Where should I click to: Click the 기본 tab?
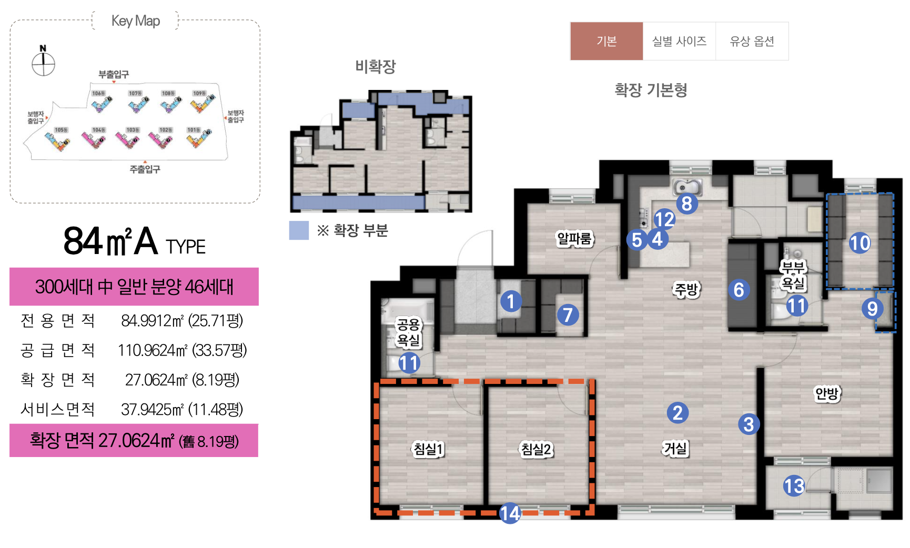606,41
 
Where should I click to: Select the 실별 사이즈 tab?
679,41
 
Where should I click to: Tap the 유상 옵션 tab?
752,41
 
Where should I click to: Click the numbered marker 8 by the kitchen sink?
686,204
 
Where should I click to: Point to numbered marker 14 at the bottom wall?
510,513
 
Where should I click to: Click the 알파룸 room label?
574,239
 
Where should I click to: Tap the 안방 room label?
827,393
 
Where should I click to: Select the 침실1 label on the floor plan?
428,449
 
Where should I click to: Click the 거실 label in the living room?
675,448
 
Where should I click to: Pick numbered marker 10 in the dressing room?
860,243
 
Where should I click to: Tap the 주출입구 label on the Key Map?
145,169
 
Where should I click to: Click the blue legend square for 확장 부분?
299,230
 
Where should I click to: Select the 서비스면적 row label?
57,409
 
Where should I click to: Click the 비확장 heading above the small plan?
375,66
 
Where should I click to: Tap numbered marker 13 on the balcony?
794,485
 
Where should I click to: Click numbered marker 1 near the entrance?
511,301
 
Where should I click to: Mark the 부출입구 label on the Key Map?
113,74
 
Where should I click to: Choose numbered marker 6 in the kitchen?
739,289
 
